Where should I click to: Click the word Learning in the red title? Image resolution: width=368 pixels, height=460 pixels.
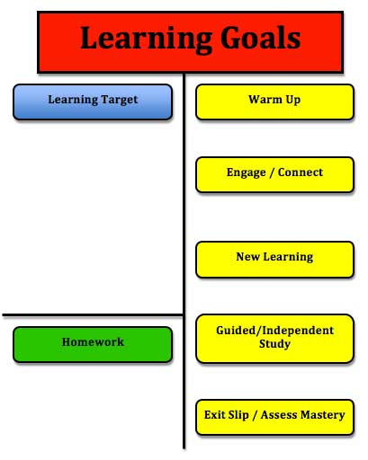[x=147, y=40]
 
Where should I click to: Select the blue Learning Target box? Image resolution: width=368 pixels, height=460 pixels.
[x=93, y=102]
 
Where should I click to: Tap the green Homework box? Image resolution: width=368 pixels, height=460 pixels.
[x=93, y=345]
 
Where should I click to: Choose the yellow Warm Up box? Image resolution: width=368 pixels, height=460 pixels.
[x=274, y=102]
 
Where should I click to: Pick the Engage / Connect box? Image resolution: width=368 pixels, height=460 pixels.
[x=274, y=174]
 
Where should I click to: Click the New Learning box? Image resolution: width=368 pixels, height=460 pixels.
[x=274, y=260]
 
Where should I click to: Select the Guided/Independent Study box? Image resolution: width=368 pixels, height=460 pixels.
[x=274, y=339]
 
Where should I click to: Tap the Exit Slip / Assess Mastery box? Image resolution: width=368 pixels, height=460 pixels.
[x=274, y=417]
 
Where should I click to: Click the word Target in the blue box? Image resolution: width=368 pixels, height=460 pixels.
[x=120, y=100]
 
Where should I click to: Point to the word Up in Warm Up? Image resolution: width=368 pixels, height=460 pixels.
[x=293, y=100]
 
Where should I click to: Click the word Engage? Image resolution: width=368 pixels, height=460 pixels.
[x=247, y=172]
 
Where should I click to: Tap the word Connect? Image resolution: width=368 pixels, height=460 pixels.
[x=301, y=172]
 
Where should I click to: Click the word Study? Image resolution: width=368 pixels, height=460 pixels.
[x=274, y=344]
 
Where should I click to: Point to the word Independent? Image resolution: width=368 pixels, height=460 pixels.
[x=298, y=331]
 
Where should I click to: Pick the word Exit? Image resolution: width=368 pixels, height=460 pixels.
[x=213, y=415]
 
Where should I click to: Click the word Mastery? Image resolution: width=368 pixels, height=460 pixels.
[x=323, y=415]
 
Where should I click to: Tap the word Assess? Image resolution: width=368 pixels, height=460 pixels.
[x=279, y=415]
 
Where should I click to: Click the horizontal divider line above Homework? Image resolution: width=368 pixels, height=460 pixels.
[x=93, y=315]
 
